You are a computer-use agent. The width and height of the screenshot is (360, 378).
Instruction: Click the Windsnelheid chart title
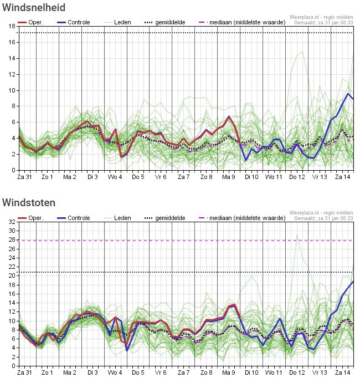(x=34, y=8)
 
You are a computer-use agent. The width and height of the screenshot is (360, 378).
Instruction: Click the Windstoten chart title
(x=29, y=203)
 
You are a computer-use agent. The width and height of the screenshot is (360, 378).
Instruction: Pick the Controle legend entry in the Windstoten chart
(x=74, y=218)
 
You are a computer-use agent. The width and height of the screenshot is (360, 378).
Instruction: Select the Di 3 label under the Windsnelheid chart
(x=92, y=177)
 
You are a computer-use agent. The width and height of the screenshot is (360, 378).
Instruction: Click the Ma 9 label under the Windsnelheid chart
(x=229, y=177)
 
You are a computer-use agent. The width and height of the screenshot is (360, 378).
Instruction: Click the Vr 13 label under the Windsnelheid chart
(x=320, y=177)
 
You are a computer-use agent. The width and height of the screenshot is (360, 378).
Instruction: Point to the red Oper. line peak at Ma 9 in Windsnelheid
(x=229, y=117)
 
